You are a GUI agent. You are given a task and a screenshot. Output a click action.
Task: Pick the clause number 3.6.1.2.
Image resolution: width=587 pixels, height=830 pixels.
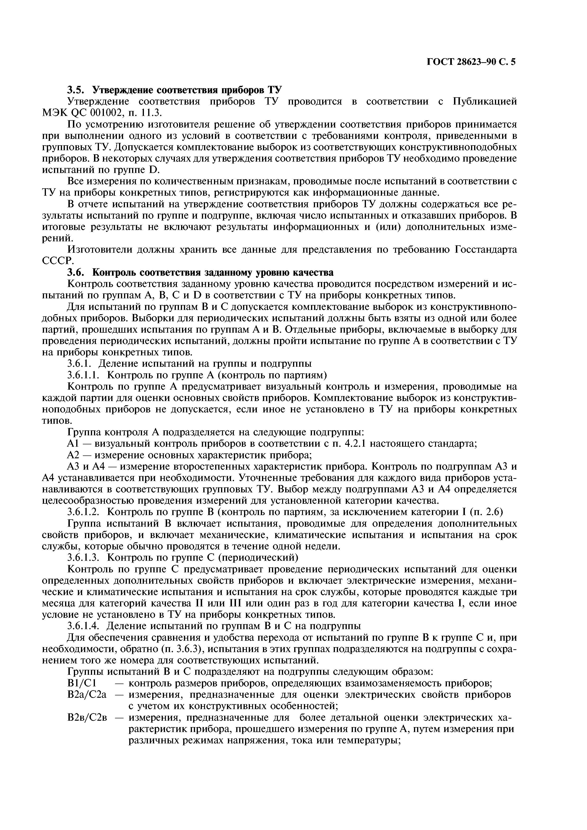pos(86,512)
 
